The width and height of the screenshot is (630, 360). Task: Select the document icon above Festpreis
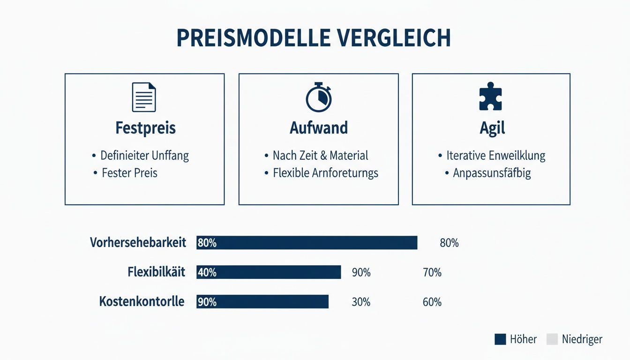click(144, 97)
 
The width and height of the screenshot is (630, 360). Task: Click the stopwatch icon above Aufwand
click(319, 97)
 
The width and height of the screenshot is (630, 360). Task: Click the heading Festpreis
click(145, 128)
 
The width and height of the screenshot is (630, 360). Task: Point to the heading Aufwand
click(319, 128)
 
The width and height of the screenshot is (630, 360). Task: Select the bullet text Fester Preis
click(130, 173)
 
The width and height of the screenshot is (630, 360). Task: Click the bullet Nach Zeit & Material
click(321, 156)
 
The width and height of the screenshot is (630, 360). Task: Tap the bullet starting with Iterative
click(495, 156)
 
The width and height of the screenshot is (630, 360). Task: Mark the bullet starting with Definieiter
click(144, 156)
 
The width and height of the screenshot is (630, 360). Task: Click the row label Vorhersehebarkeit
click(138, 243)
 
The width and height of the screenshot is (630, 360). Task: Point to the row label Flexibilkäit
click(156, 272)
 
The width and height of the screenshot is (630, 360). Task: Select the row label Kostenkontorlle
click(142, 302)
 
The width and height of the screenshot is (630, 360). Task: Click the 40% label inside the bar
click(207, 272)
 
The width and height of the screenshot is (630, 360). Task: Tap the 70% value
click(432, 272)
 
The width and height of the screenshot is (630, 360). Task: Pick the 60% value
click(432, 302)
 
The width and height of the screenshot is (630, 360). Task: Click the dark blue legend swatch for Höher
click(500, 339)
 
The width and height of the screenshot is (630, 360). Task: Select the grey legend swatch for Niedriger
click(552, 339)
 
